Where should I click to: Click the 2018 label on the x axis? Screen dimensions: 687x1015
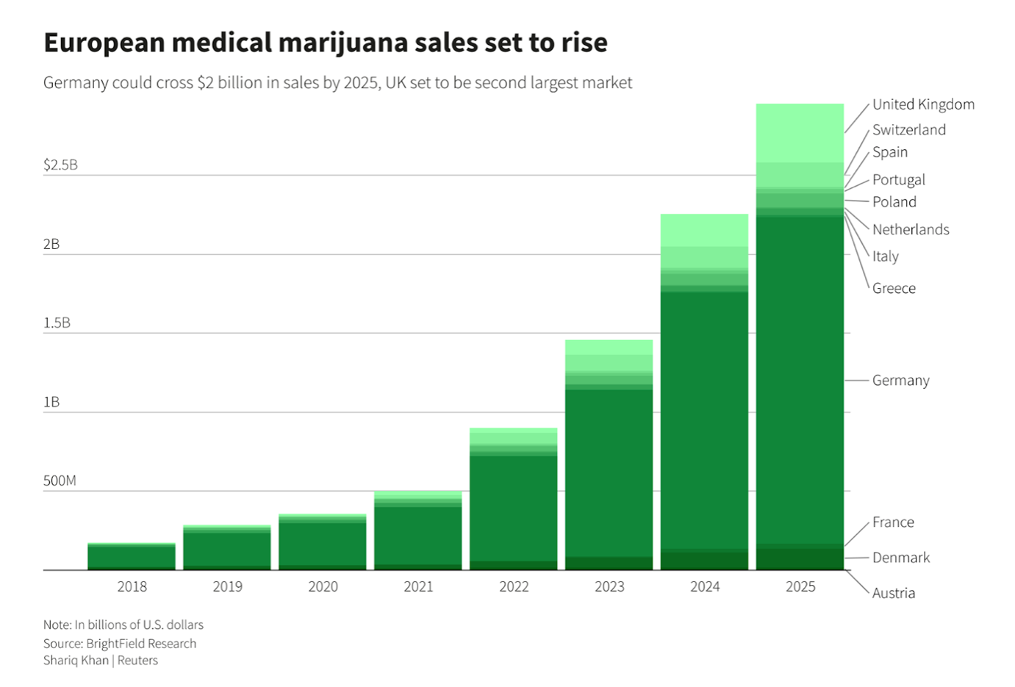132,586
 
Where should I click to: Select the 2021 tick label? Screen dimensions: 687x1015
418,586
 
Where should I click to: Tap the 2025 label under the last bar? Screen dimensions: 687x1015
800,586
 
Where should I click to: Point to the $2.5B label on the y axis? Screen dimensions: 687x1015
60,165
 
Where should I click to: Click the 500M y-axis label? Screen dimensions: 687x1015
60,481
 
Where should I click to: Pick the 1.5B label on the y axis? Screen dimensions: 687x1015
57,323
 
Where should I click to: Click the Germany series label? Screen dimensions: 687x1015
900,380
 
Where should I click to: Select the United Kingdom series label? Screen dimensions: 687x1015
923,104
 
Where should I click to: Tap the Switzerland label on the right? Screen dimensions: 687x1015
909,129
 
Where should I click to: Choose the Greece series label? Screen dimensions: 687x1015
894,288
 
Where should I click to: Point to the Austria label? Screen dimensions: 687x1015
893,593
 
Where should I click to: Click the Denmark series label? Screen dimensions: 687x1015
900,558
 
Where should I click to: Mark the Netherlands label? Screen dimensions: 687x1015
911,229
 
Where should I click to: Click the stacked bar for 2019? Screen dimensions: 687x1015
227,548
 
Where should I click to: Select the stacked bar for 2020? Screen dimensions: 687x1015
323,542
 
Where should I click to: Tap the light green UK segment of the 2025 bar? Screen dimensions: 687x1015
800,133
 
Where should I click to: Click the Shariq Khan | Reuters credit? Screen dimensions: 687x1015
101,660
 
